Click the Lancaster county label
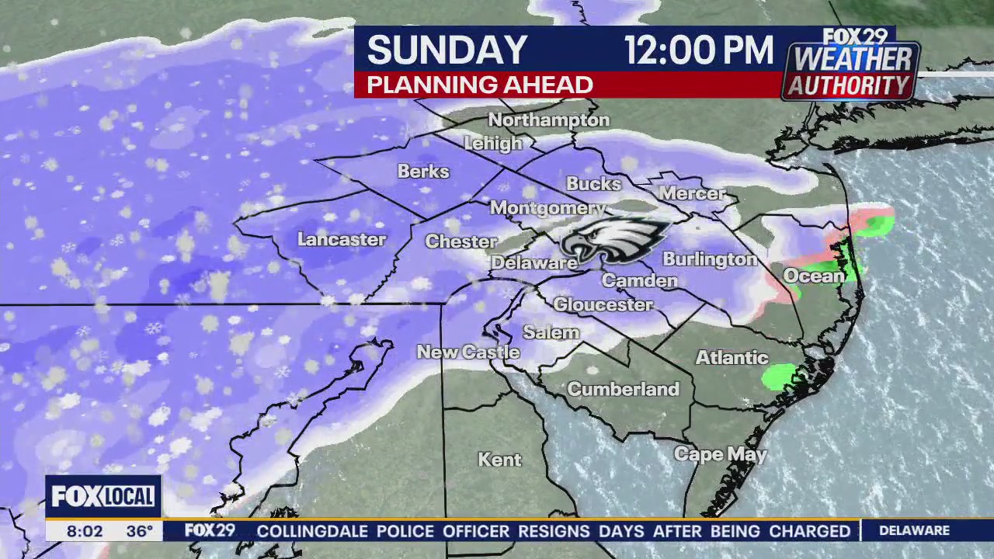[x=342, y=239]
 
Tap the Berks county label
[x=423, y=171]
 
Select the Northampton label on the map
[x=549, y=120]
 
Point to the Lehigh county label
[x=493, y=144]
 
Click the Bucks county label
[x=594, y=184]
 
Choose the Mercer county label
[x=692, y=193]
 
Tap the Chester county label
[x=461, y=241]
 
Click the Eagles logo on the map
[x=615, y=238]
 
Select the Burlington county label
[x=710, y=259]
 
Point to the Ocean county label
[x=812, y=276]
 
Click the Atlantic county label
[x=732, y=358]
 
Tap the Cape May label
[x=720, y=455]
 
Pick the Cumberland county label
[x=623, y=389]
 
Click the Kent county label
[x=499, y=460]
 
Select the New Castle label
[x=468, y=352]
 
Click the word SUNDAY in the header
[x=447, y=50]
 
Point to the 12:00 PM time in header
[x=699, y=50]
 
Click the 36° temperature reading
[x=140, y=532]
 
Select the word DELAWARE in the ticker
[x=914, y=531]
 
